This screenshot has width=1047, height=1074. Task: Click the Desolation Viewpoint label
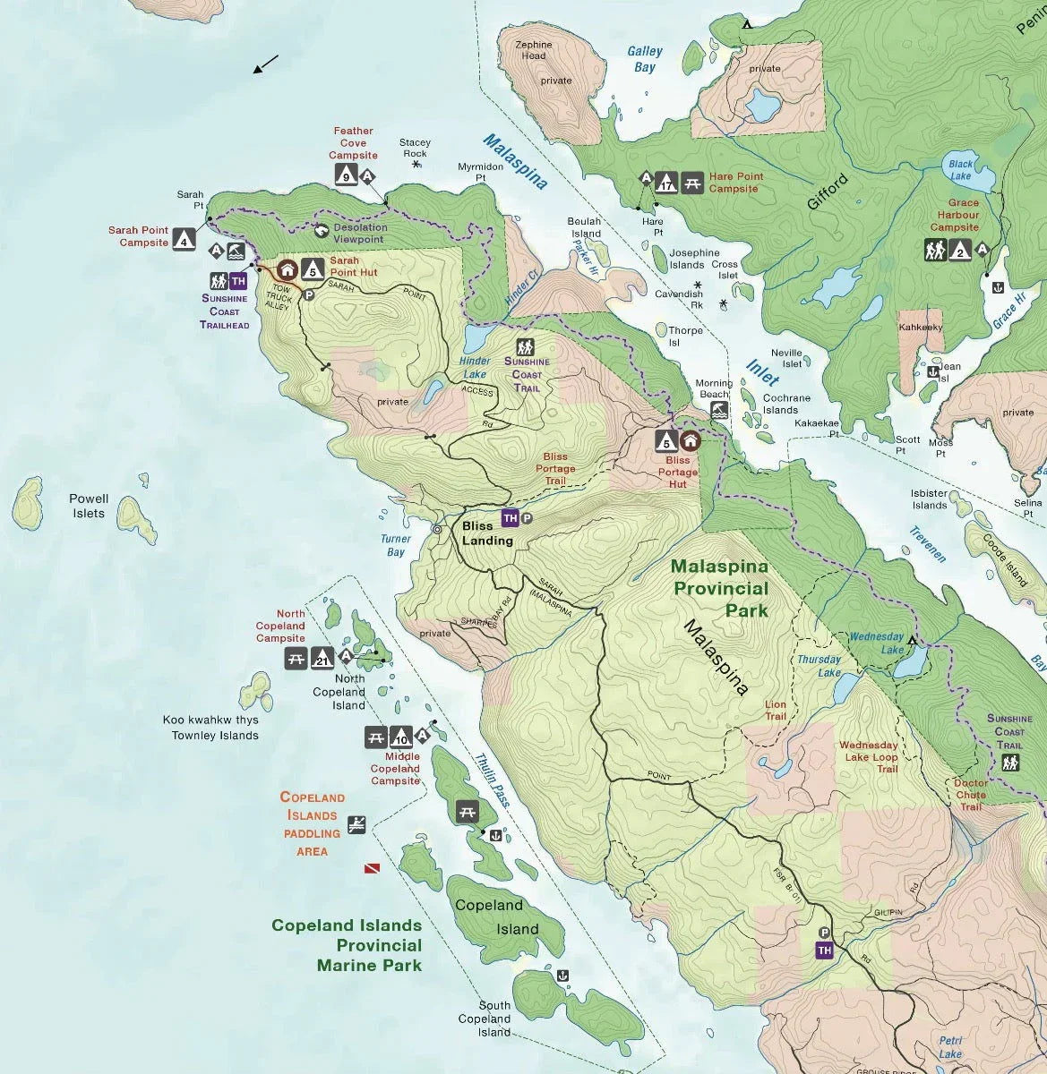pyautogui.click(x=360, y=233)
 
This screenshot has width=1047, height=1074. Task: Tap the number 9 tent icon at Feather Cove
pyautogui.click(x=346, y=176)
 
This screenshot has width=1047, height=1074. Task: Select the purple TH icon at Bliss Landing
pyautogui.click(x=510, y=518)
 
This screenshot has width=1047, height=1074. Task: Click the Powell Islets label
pyautogui.click(x=89, y=506)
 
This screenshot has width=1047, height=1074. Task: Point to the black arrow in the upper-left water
pyautogui.click(x=265, y=64)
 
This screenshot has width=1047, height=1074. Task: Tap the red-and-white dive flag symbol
pyautogui.click(x=371, y=868)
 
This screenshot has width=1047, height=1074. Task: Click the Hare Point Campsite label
pyautogui.click(x=736, y=183)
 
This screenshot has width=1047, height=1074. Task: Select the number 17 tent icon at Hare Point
pyautogui.click(x=665, y=183)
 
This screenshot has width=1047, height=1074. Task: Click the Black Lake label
pyautogui.click(x=960, y=170)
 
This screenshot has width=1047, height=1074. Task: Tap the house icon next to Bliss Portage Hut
pyautogui.click(x=690, y=440)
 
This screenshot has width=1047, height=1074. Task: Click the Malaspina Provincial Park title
pyautogui.click(x=720, y=588)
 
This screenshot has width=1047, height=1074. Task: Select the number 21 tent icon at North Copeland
pyautogui.click(x=323, y=660)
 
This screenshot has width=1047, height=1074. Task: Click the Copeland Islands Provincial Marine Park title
pyautogui.click(x=347, y=945)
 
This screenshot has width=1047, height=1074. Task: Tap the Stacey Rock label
pyautogui.click(x=415, y=148)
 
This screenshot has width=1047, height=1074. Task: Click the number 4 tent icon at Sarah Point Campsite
pyautogui.click(x=184, y=239)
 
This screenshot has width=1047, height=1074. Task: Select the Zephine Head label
pyautogui.click(x=535, y=50)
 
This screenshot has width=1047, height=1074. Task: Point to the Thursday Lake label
pyautogui.click(x=819, y=666)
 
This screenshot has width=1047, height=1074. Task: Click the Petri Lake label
pyautogui.click(x=950, y=1047)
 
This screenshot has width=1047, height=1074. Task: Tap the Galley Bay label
pyautogui.click(x=644, y=59)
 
